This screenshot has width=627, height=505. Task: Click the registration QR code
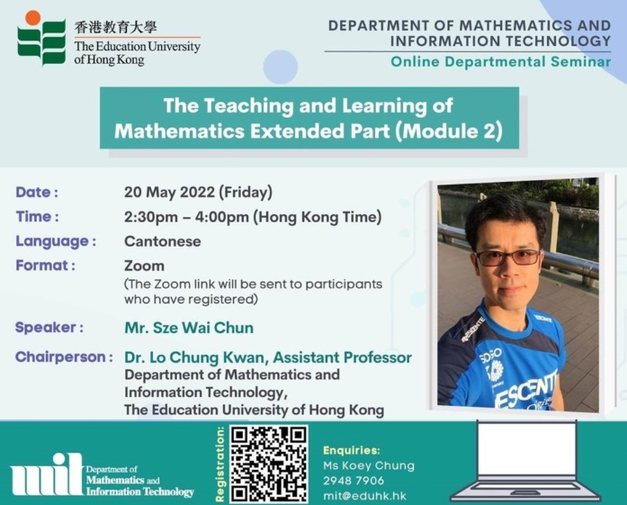point(269,464)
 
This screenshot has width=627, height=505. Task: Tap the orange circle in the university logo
point(32,18)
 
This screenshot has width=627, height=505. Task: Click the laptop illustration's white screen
point(527,448)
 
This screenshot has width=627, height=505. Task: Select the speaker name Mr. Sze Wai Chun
point(189,328)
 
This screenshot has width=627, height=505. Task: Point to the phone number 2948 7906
point(354,481)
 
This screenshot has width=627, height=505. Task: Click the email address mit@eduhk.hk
point(364,496)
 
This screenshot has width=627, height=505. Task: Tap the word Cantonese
point(162,241)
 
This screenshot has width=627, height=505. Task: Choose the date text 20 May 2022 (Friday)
point(198,192)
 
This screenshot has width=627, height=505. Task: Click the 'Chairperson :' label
point(64,357)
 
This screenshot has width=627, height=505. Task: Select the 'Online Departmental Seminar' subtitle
point(501,61)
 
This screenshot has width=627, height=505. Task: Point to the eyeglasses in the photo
point(507,257)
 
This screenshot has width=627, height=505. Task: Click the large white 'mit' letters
point(47,474)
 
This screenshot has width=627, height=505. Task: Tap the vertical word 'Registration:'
point(219,464)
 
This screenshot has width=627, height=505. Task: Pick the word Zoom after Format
point(144,266)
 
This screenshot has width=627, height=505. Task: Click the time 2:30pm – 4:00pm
point(186,217)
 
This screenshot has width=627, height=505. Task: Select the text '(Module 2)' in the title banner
point(449,131)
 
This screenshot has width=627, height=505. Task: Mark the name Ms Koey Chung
point(369,465)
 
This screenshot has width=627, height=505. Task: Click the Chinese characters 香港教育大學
point(115,27)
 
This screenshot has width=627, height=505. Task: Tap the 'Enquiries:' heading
point(352,450)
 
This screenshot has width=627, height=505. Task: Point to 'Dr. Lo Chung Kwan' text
point(194,357)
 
